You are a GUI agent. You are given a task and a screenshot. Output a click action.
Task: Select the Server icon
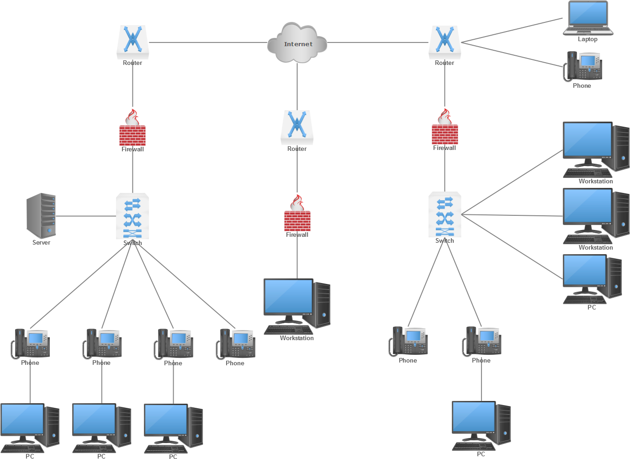(42, 215)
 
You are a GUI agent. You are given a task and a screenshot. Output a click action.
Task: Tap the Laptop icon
(588, 18)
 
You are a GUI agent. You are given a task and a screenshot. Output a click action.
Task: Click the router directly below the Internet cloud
(297, 127)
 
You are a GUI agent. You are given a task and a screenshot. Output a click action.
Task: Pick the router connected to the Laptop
(445, 42)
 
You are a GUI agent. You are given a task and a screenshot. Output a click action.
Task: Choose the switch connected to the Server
(132, 216)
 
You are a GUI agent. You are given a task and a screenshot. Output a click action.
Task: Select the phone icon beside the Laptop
(583, 67)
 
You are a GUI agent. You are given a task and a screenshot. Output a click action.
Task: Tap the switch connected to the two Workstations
(445, 215)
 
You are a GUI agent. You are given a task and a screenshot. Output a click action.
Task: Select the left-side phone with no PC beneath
(236, 344)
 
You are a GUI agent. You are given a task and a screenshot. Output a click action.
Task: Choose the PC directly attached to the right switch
(592, 278)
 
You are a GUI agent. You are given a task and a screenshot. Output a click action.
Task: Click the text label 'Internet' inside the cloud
(298, 44)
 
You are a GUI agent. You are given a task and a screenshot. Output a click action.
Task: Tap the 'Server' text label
(41, 242)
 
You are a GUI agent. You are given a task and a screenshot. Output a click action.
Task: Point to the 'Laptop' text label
(588, 39)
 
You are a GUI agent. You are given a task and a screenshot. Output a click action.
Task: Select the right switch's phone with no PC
(408, 342)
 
